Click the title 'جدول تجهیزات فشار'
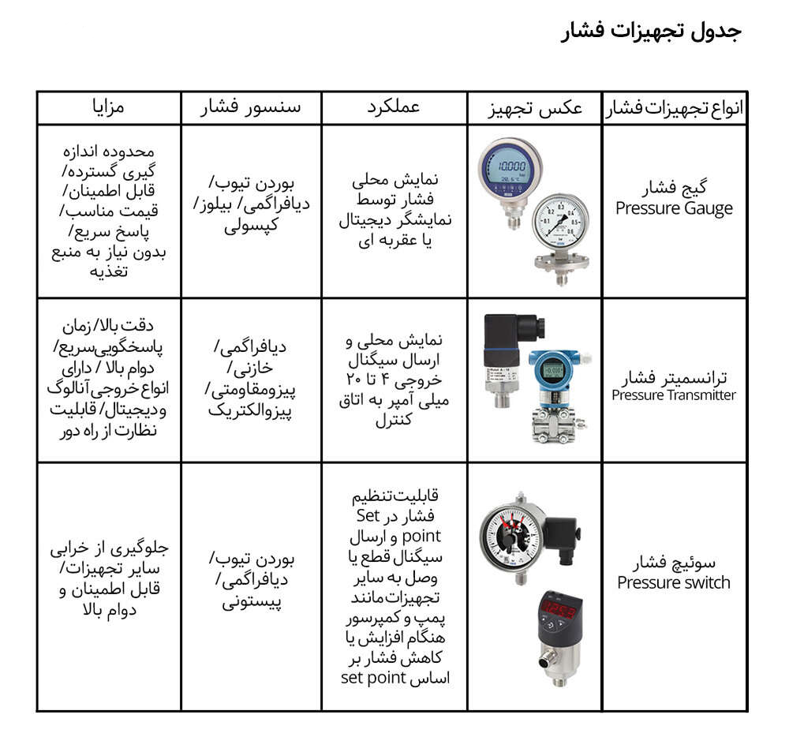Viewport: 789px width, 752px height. (x=651, y=32)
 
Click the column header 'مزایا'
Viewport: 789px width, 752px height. (x=109, y=107)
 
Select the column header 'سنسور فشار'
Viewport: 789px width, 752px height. (x=252, y=107)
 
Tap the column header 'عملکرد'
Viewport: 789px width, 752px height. (x=394, y=107)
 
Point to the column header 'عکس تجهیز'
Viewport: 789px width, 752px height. (x=536, y=108)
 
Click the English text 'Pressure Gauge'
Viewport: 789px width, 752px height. (x=674, y=209)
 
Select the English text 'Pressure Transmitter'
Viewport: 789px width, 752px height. (x=674, y=395)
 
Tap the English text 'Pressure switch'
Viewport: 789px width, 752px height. (x=674, y=583)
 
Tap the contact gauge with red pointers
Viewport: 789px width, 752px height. (x=513, y=537)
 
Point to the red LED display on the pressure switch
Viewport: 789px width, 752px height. (x=559, y=611)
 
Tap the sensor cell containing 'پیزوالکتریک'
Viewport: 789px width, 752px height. (x=252, y=379)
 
